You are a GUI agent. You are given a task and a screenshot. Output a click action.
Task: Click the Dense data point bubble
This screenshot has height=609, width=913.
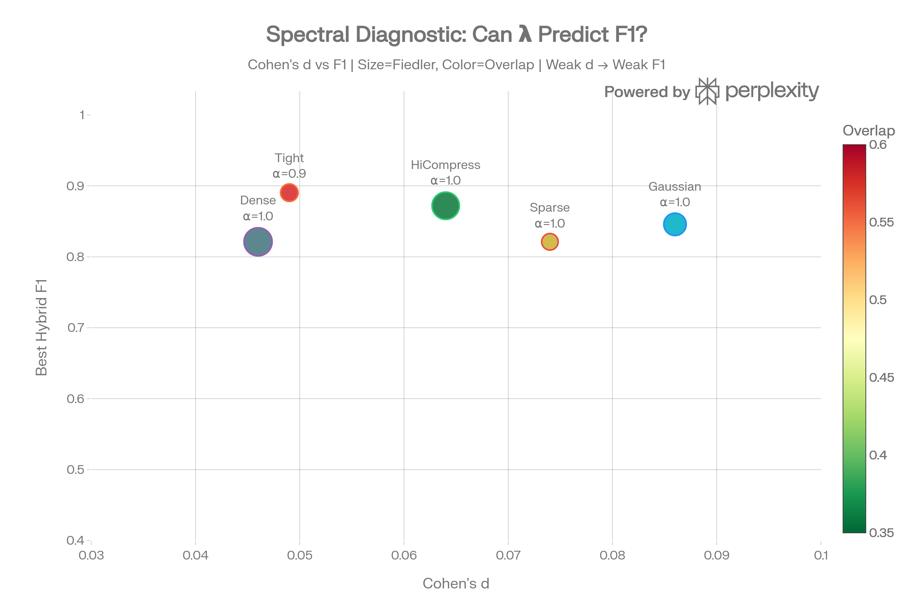(x=258, y=242)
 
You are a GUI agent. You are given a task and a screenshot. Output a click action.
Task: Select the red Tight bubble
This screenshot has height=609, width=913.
(x=289, y=192)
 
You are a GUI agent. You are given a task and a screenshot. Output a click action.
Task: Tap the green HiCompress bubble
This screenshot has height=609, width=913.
(x=445, y=206)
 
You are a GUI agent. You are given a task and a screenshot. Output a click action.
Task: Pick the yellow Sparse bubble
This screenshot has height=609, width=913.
(x=550, y=242)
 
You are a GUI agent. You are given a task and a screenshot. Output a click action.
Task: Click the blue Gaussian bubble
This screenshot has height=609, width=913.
(x=675, y=224)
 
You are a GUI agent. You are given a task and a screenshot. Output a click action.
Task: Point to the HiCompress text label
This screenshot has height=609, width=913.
(x=445, y=165)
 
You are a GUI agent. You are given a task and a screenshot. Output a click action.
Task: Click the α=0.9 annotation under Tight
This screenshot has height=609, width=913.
(x=289, y=173)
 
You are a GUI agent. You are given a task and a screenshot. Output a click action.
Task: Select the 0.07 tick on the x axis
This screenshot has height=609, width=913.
(x=508, y=555)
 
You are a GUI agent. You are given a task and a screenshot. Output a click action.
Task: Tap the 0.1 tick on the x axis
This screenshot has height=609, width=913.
(x=821, y=555)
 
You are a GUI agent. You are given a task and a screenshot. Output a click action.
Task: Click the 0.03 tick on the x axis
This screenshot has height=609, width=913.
(x=91, y=555)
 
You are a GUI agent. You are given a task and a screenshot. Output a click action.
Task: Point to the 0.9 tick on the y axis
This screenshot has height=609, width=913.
(x=75, y=186)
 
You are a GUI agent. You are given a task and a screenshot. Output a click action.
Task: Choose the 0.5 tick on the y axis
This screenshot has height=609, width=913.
(x=75, y=469)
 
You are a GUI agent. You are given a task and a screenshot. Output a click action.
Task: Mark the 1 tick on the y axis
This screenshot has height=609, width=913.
(x=82, y=115)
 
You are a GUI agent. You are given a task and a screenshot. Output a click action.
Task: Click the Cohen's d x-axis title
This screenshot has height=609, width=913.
(x=456, y=583)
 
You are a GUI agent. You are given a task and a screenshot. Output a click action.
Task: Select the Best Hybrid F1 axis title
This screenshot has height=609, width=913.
(x=41, y=327)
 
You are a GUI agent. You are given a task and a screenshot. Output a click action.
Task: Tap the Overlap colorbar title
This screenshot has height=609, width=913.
(x=869, y=131)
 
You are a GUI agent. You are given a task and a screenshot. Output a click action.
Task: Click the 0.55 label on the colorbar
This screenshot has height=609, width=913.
(x=881, y=222)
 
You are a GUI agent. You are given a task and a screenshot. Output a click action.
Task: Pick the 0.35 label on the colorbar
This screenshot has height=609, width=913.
(x=881, y=532)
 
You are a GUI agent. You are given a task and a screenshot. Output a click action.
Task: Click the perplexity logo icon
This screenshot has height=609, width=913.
(x=707, y=91)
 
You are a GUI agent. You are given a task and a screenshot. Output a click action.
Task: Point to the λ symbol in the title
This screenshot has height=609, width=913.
(x=525, y=34)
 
